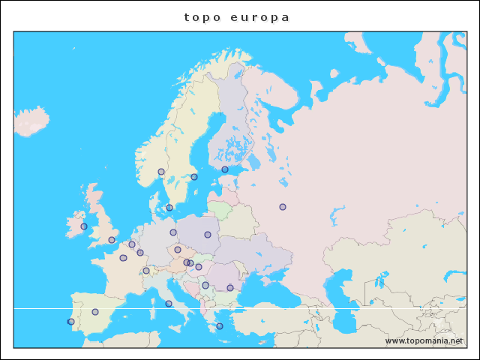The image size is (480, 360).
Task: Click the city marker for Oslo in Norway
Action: [x=161, y=172]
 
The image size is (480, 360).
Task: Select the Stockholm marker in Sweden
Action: [x=194, y=177]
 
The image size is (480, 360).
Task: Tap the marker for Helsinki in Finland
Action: [x=225, y=169]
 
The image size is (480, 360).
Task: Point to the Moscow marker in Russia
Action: [x=283, y=207]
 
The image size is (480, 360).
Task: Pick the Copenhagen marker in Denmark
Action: [x=169, y=208]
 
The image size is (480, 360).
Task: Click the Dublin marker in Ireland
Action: [x=84, y=226]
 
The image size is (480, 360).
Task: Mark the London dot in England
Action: [x=112, y=240]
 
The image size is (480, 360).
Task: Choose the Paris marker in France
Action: [x=123, y=258]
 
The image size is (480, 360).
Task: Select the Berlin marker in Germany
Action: [x=173, y=232]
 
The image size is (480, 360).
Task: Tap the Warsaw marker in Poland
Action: [x=208, y=235]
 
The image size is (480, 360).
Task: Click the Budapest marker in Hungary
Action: [x=199, y=267]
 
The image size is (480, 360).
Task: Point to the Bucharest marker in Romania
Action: [x=230, y=288]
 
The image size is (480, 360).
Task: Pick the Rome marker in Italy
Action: [x=169, y=304]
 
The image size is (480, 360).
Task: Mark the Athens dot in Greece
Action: [x=220, y=326]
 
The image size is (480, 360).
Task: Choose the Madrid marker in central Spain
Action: [x=95, y=312]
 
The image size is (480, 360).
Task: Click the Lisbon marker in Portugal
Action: [x=71, y=322]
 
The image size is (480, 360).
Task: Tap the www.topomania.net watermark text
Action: [x=424, y=341]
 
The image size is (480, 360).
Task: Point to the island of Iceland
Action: [x=31, y=120]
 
